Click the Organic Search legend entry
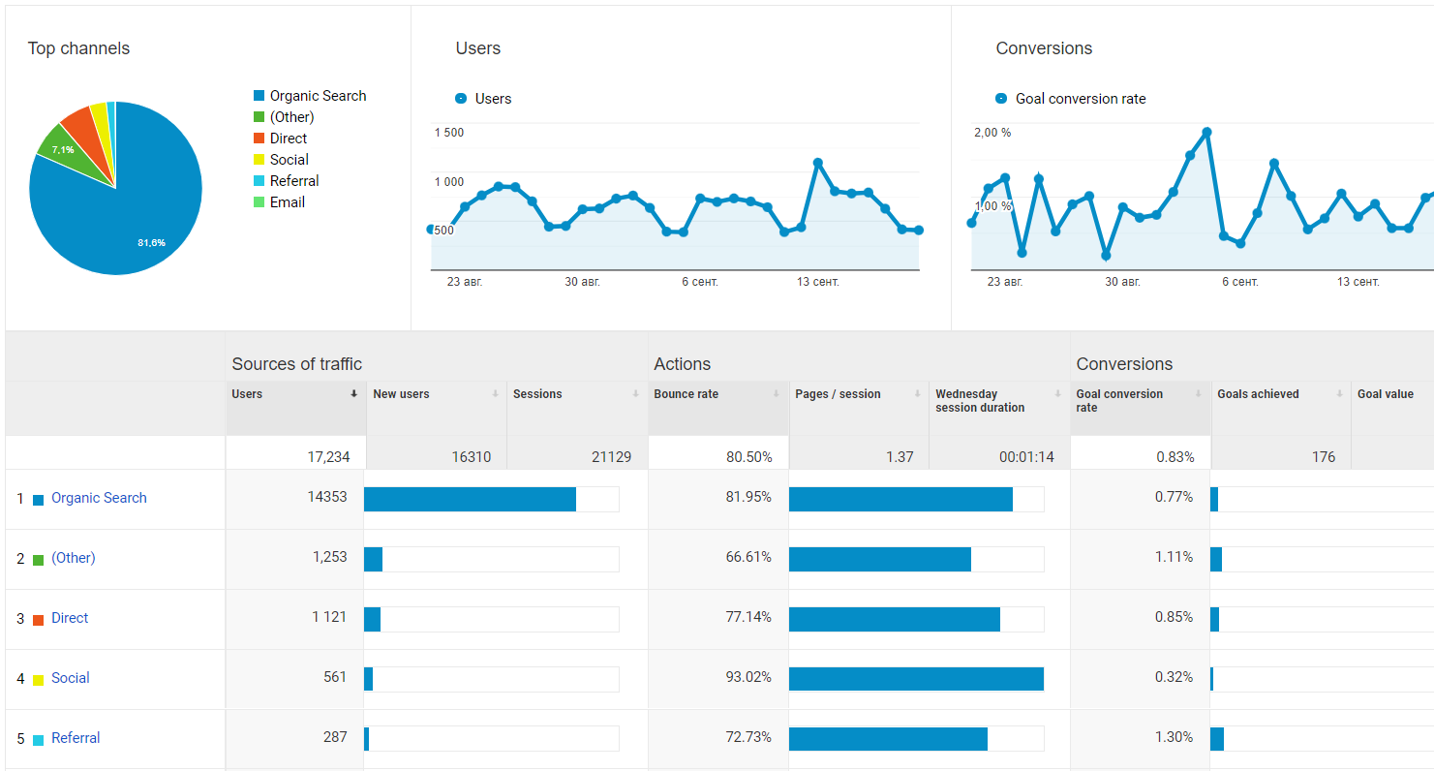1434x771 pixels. (x=318, y=96)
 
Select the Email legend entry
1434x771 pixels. (x=287, y=202)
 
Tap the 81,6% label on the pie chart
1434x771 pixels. (x=151, y=242)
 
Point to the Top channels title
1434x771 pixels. (x=78, y=48)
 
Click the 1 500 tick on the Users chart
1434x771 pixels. (x=448, y=133)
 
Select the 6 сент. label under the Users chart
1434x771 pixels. (x=699, y=282)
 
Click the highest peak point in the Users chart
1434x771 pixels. (x=818, y=163)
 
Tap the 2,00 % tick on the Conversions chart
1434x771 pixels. (x=992, y=133)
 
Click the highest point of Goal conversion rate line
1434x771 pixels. (x=1206, y=132)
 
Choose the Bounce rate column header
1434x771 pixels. (x=686, y=394)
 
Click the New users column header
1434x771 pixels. (x=401, y=394)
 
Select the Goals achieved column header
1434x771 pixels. (x=1258, y=394)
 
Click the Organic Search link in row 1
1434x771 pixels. (x=99, y=498)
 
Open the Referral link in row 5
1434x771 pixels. (x=76, y=738)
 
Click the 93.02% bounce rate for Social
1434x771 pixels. (x=748, y=677)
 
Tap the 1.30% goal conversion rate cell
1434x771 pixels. (x=1174, y=737)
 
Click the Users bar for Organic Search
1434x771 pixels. (x=470, y=499)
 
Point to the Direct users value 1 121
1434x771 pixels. (x=328, y=617)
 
